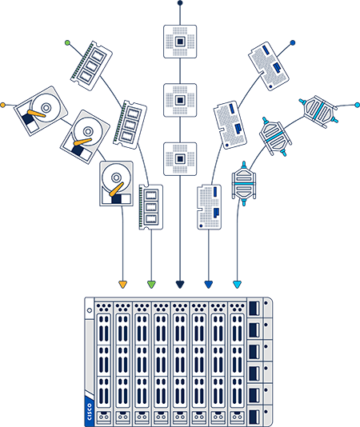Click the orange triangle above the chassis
[x=122, y=284]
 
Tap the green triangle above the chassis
[x=151, y=284]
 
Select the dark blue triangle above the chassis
[x=209, y=284]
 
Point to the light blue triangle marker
[x=237, y=284]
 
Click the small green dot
[x=67, y=42]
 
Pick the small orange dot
[x=2, y=104]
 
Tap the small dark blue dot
[x=293, y=42]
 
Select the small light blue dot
[x=357, y=104]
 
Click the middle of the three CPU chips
[x=180, y=100]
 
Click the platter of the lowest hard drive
[x=117, y=178]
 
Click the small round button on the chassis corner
[x=89, y=309]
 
